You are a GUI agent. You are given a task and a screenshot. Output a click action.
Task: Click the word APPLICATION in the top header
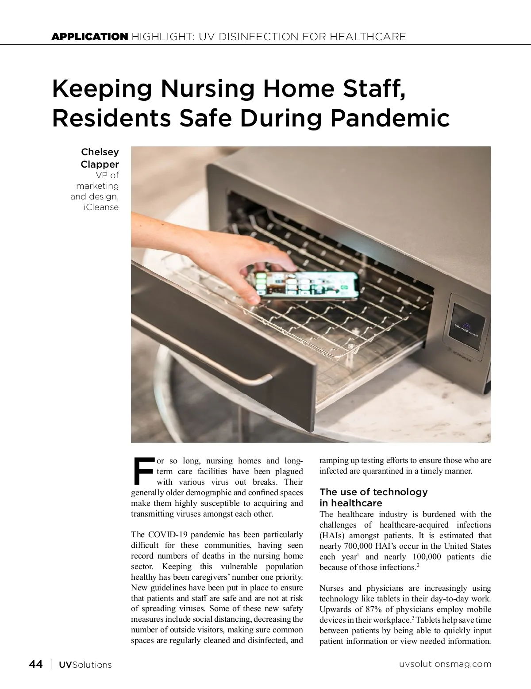89,37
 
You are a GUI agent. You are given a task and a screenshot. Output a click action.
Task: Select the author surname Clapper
100,165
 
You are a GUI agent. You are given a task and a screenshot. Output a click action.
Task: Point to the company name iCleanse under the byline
101,207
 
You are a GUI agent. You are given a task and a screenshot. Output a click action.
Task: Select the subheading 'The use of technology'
373,492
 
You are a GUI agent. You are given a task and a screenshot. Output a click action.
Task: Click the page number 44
36,664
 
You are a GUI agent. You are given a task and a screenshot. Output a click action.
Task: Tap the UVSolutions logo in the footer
85,665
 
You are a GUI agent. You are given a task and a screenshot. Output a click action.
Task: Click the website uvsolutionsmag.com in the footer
445,664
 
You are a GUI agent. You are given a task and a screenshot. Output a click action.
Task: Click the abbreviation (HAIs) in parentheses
331,536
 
